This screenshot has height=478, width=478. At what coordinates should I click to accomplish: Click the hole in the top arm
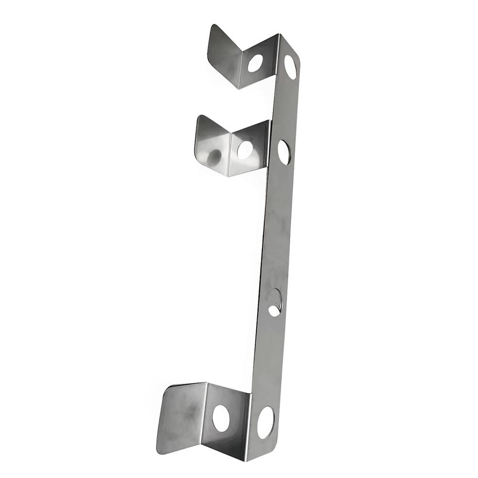(255, 63)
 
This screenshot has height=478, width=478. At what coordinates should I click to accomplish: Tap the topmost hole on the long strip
(290, 67)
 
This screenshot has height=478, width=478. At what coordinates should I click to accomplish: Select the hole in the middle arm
(245, 150)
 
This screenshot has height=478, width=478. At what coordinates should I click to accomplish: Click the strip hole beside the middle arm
(283, 152)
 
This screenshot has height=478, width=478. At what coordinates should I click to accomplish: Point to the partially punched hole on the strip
(275, 303)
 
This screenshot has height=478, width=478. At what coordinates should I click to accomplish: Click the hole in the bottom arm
(220, 418)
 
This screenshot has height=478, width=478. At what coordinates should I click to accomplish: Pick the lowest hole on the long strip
(266, 423)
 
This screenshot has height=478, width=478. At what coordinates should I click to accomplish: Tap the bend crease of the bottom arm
(207, 416)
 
